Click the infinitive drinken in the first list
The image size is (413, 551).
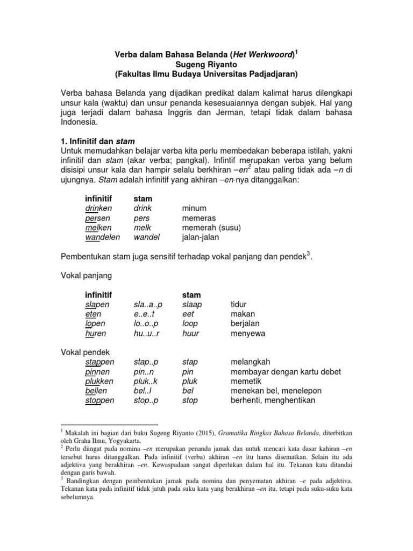(x=98, y=208)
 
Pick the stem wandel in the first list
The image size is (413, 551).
(x=147, y=237)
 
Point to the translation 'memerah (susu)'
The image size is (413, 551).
(x=211, y=228)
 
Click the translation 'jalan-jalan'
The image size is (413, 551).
(x=201, y=237)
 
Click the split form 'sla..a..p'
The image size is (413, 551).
(x=148, y=305)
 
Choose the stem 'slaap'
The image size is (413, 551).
(x=192, y=305)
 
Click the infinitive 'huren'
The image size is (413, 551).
(x=95, y=334)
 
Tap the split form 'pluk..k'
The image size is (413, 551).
(x=146, y=381)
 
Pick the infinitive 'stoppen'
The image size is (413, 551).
(x=99, y=400)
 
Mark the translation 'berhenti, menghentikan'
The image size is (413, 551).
(x=273, y=400)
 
